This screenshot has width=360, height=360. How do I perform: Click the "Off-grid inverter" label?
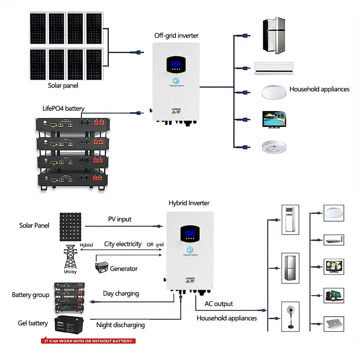pyautogui.click(x=176, y=36)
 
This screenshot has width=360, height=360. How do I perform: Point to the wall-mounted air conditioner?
pyautogui.click(x=274, y=67)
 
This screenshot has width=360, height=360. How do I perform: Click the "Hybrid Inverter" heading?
pyautogui.click(x=189, y=203)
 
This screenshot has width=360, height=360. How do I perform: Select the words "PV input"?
pyautogui.click(x=120, y=219)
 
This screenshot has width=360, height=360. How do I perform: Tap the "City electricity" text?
pyautogui.click(x=123, y=244)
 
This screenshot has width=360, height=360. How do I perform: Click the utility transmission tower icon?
pyautogui.click(x=71, y=256)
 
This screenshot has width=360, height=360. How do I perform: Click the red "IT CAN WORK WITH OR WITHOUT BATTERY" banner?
pyautogui.click(x=88, y=341)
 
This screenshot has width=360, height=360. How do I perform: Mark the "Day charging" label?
pyautogui.click(x=121, y=293)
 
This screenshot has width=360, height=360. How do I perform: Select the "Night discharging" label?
pyautogui.click(x=121, y=325)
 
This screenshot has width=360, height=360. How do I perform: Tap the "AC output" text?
pyautogui.click(x=219, y=304)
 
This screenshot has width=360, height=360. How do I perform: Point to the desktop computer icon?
pyautogui.click(x=334, y=295)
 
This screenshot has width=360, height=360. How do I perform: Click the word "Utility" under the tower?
pyautogui.click(x=71, y=272)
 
